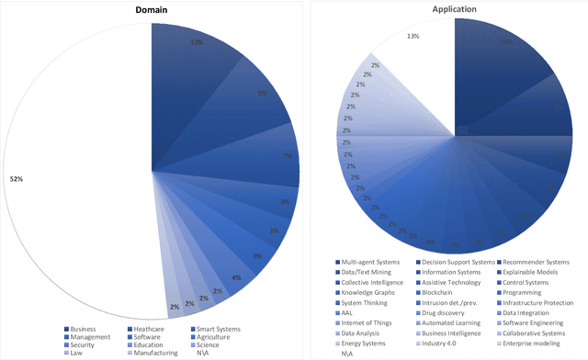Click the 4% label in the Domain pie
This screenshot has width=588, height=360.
tap(236, 277)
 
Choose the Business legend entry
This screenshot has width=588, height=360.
tap(85, 328)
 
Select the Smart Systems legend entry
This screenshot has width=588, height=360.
tap(217, 328)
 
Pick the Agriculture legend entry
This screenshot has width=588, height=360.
tap(215, 337)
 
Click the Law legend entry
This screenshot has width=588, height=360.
tap(76, 354)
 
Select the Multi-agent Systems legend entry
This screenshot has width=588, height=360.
tap(367, 262)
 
